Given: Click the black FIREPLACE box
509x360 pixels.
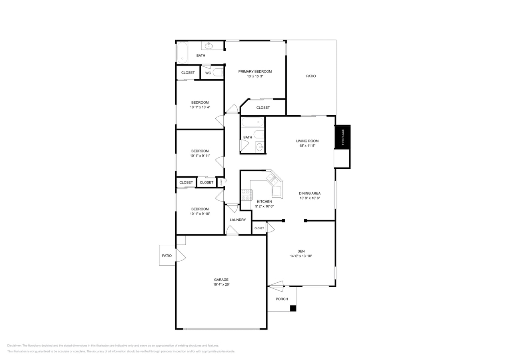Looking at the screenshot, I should [x=342, y=137].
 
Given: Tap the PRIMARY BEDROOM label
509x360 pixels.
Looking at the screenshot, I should [x=255, y=72].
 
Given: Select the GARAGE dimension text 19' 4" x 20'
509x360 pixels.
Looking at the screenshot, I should [x=221, y=284].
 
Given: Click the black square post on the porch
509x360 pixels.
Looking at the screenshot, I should [x=293, y=308].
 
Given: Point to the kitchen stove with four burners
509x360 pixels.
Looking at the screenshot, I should [x=246, y=195].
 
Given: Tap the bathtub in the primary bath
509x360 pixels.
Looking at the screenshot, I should [x=182, y=53].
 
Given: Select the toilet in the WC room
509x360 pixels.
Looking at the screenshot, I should [x=218, y=72].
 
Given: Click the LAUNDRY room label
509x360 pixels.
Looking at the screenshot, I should [x=238, y=220].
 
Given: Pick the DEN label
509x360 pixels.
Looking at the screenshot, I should [x=301, y=251].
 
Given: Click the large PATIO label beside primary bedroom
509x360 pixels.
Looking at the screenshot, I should [x=311, y=76].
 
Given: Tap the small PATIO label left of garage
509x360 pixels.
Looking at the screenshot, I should [x=167, y=256].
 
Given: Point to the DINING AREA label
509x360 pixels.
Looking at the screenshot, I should [x=310, y=193].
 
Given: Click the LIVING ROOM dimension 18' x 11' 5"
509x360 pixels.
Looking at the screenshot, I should [x=307, y=146].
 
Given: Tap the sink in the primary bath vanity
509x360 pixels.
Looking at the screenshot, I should [x=208, y=46].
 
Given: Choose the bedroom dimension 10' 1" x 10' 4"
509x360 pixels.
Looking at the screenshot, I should [x=200, y=107].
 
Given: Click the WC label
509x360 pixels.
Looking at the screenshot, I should [x=208, y=73].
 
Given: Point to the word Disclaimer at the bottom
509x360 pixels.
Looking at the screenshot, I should [x=14, y=346].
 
